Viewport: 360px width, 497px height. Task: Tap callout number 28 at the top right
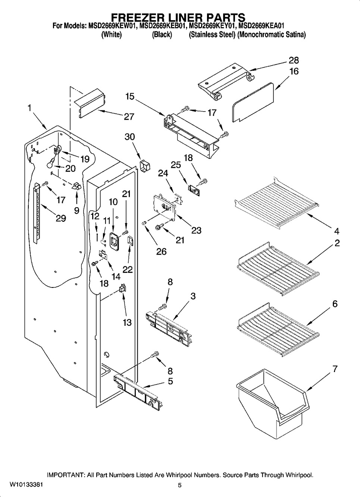click(x=294, y=60)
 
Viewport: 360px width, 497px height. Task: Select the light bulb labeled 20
click(x=50, y=163)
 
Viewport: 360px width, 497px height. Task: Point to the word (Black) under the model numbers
click(x=162, y=35)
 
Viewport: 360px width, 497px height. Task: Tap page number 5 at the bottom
click(x=180, y=485)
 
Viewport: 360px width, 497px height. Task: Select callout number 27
click(x=129, y=117)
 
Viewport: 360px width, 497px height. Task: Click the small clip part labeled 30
click(x=144, y=166)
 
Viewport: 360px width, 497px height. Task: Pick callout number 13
click(x=127, y=322)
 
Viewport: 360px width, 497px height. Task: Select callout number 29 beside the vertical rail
click(x=61, y=218)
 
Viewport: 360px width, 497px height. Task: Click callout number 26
click(x=161, y=252)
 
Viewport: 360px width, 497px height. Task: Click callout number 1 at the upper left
click(x=29, y=108)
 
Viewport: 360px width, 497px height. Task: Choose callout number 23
click(x=196, y=230)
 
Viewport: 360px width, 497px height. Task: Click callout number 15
click(x=129, y=96)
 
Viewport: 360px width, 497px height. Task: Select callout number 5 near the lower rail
click(x=170, y=381)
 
